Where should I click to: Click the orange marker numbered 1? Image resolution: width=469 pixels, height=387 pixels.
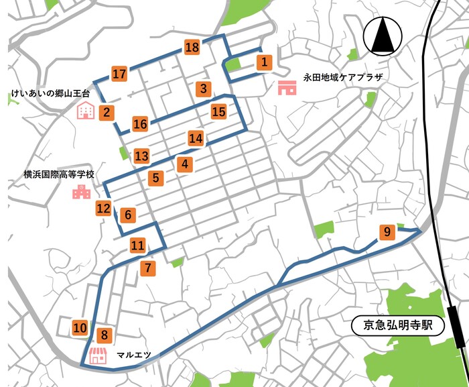coord(265,62)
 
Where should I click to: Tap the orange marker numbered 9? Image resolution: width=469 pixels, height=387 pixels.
coord(387,233)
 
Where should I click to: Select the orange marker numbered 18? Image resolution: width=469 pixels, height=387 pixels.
coord(192,47)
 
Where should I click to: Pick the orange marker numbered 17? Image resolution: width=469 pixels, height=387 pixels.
coord(119,74)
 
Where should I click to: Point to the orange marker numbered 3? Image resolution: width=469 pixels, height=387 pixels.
coord(203,89)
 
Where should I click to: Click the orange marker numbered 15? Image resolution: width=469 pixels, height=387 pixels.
coord(218,111)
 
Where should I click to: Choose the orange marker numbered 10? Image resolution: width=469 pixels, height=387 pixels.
coord(80,328)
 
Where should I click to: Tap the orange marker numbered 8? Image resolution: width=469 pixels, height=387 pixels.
coord(103,335)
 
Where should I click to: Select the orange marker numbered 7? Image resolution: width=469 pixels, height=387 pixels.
coord(148,268)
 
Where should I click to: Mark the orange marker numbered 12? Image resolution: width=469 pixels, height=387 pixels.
coord(103,209)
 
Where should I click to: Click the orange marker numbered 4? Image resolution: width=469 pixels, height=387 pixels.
coord(185,163)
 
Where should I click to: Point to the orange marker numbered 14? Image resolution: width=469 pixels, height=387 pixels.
coord(195,139)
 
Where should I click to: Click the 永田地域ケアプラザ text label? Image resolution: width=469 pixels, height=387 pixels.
coord(342,77)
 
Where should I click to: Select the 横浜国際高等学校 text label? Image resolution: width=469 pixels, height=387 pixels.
coord(59,174)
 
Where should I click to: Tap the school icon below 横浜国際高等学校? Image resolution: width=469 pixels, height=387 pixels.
coord(81,193)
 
